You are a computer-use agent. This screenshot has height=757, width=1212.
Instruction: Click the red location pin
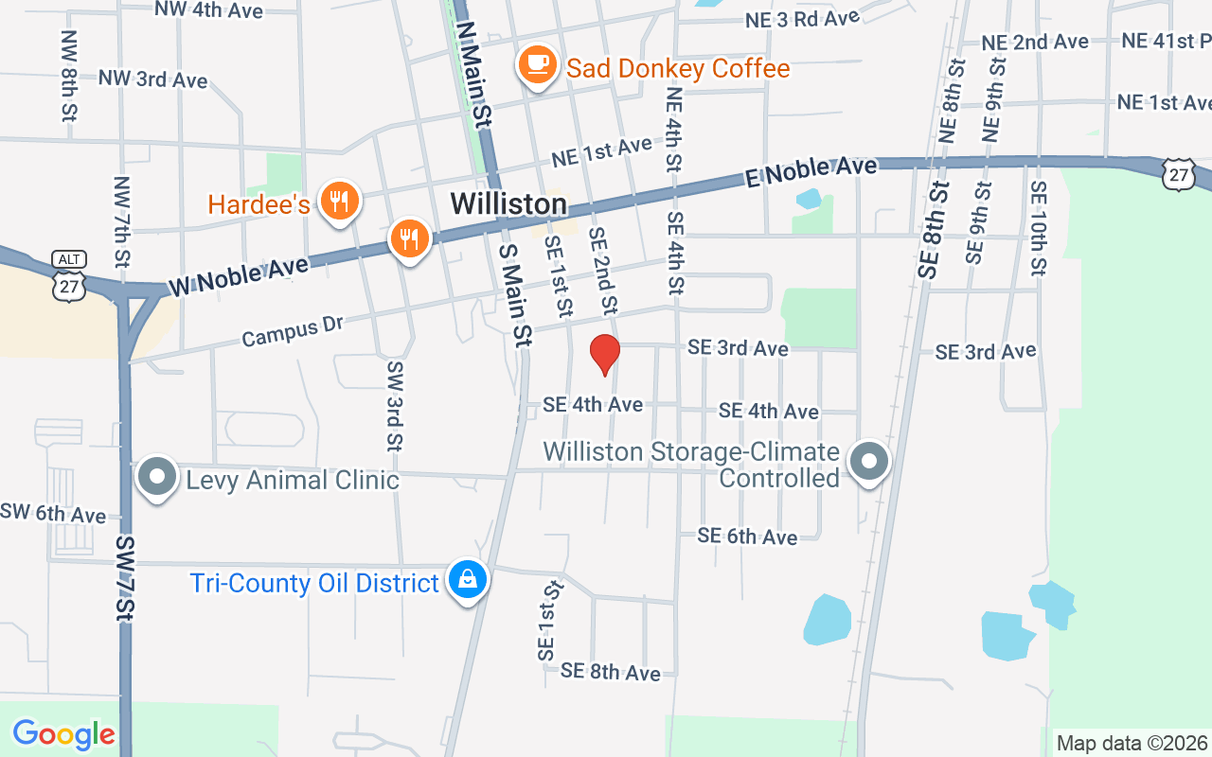pyautogui.click(x=604, y=355)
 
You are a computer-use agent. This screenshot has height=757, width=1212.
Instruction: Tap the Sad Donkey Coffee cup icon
pyautogui.click(x=537, y=65)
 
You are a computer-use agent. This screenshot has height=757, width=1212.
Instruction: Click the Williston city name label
pyautogui.click(x=508, y=203)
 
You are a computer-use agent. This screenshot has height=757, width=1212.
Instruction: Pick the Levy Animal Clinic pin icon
pyautogui.click(x=157, y=477)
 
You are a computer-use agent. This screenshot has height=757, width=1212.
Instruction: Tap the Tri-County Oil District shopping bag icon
pyautogui.click(x=467, y=578)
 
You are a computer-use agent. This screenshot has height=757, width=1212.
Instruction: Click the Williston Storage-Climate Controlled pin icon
pyautogui.click(x=869, y=462)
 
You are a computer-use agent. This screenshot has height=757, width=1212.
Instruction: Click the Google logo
pyautogui.click(x=63, y=733)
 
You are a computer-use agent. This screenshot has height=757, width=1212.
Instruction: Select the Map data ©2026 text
pyautogui.click(x=1132, y=743)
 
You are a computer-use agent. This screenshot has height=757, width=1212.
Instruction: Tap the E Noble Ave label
pyautogui.click(x=811, y=172)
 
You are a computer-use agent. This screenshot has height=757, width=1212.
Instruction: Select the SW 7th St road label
pyautogui.click(x=126, y=578)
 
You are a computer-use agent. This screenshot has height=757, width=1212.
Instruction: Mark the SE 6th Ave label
pyautogui.click(x=747, y=537)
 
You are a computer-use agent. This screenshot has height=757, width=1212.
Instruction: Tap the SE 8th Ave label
pyautogui.click(x=610, y=672)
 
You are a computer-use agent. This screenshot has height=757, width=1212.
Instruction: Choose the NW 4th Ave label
pyautogui.click(x=209, y=10)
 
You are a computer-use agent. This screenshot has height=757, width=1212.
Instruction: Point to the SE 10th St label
pyautogui.click(x=1038, y=229)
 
